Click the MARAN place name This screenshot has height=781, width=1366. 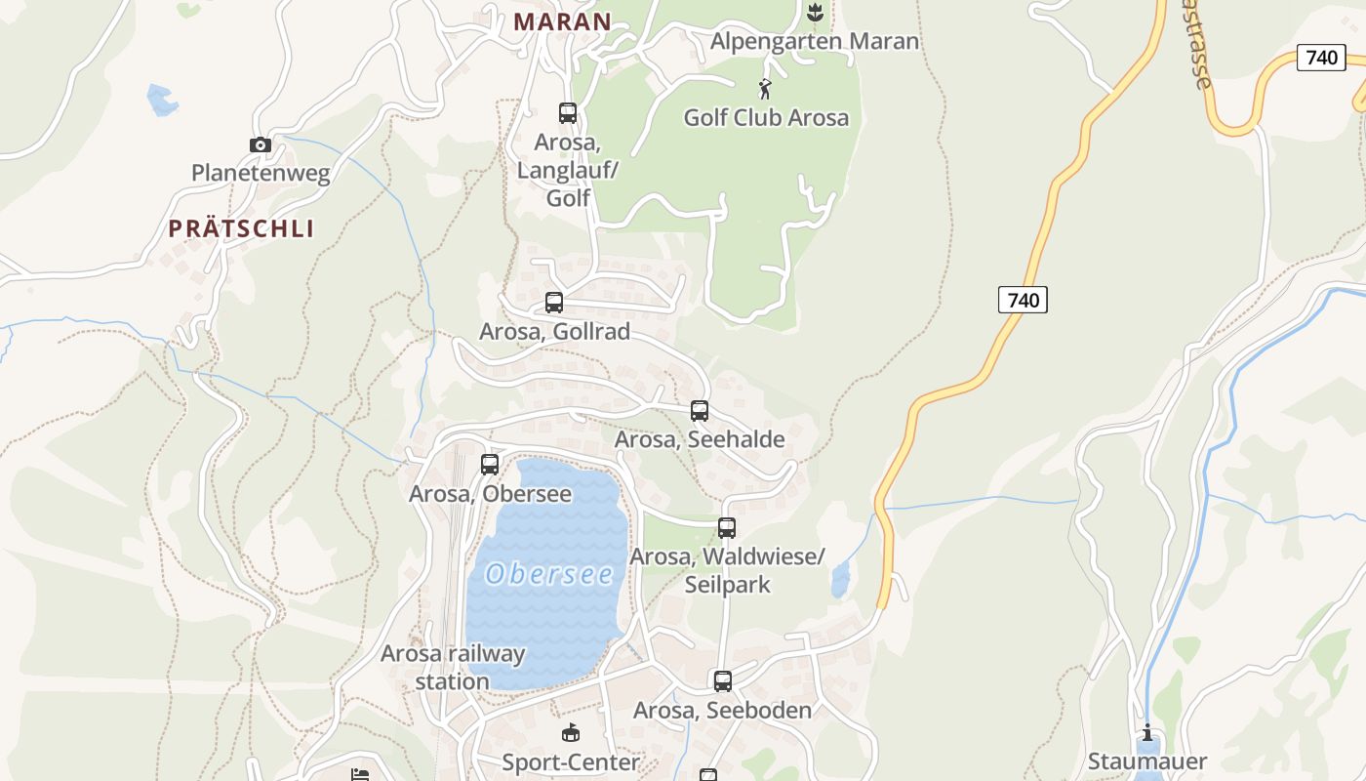(562, 21)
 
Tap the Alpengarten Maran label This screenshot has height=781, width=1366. (815, 41)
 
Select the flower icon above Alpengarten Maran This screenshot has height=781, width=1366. (815, 12)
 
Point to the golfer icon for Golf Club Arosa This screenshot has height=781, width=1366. (765, 90)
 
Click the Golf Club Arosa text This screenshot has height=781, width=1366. (766, 118)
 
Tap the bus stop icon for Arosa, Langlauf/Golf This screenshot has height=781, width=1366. (568, 113)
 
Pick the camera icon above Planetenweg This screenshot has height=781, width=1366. (261, 145)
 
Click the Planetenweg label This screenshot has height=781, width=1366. (261, 174)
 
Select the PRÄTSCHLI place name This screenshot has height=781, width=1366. (241, 228)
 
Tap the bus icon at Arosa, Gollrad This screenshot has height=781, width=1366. (554, 303)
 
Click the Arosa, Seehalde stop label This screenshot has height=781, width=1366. (700, 439)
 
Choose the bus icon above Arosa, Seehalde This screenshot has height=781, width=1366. (700, 411)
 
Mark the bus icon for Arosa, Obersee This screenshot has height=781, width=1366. (490, 465)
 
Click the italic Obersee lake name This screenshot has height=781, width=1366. (549, 574)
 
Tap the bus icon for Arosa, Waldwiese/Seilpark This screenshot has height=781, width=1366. (727, 528)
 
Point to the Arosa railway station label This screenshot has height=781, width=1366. (453, 667)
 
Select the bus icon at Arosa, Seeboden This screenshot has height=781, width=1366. (723, 681)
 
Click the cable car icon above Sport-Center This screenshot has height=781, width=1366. (571, 733)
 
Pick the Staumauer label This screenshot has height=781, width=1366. (1147, 761)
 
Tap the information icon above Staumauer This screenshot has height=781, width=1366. (1147, 733)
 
